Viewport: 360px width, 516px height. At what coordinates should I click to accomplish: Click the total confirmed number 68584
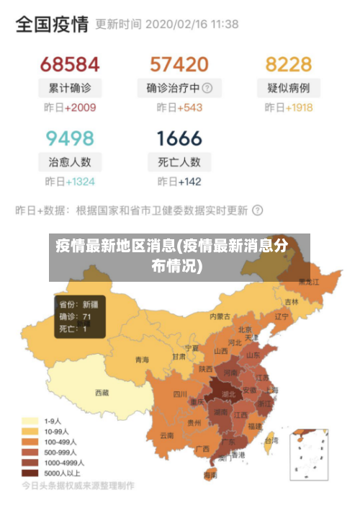coord(70,64)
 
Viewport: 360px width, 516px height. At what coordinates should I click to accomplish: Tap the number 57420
coord(179,64)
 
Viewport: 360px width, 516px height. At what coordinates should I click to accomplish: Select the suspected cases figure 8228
coord(289,64)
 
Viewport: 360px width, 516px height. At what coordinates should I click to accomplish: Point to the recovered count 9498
coord(70,137)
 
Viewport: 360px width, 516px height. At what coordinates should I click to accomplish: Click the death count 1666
coord(179,137)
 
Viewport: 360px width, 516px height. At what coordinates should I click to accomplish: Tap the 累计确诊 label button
coord(70,88)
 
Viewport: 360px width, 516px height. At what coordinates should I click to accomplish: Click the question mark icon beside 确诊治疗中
coord(207,88)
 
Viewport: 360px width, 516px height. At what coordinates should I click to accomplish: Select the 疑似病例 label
coord(289,88)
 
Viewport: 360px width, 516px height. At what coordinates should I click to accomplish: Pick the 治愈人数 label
coord(70,161)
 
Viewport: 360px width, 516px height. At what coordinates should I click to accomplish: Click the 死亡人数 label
coord(179,161)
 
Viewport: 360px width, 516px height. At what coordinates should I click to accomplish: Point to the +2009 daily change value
coord(80,108)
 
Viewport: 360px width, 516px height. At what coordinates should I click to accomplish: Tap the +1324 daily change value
coord(80,182)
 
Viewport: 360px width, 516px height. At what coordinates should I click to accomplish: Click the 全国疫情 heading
coord(52,25)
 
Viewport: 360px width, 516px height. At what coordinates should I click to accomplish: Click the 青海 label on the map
coord(142,359)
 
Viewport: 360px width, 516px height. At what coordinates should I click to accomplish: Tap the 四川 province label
coord(180,394)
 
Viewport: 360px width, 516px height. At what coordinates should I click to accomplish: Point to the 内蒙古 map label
coord(220,316)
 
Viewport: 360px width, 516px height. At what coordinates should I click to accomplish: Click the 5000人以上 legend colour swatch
coord(30,473)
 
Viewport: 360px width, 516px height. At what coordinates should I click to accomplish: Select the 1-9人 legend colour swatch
coord(30,420)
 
